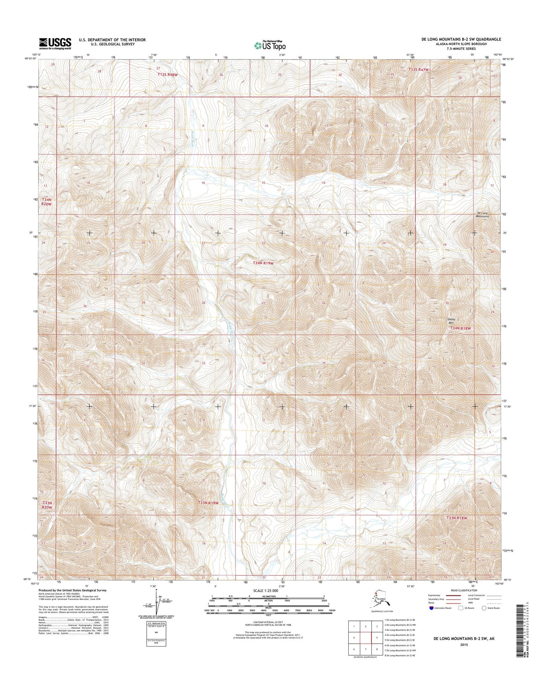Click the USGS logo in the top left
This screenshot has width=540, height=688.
[x=55, y=43]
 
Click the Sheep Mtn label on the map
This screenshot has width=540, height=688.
[x=451, y=321]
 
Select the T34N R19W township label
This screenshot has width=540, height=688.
[x=263, y=263]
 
